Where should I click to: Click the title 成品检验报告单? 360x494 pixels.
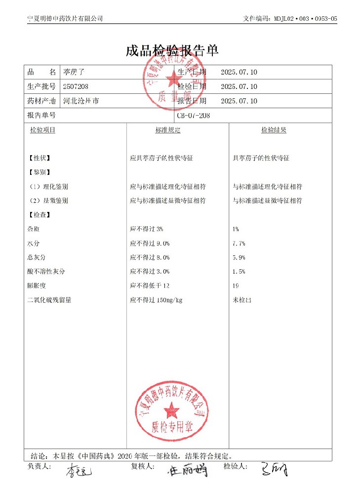(172, 50)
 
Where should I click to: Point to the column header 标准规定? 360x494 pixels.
(168, 130)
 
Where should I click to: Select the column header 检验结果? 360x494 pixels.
(274, 130)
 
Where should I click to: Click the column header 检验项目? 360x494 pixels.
(42, 130)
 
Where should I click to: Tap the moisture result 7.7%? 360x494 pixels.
(239, 244)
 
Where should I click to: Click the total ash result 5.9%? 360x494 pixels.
(239, 257)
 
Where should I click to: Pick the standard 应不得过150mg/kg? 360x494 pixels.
(156, 300)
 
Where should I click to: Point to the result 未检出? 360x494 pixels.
(242, 300)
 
